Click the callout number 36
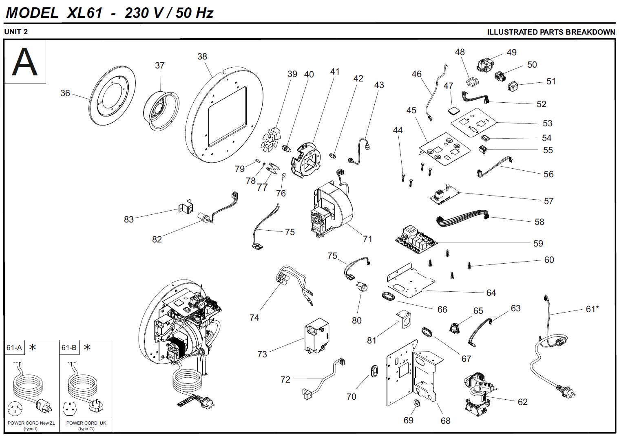65,93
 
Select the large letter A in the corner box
25,62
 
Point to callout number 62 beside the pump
522,402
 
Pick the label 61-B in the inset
69,348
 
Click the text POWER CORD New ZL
31,423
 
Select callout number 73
262,354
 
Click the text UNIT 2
16,32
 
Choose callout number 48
460,52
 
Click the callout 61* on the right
592,309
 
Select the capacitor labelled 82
203,218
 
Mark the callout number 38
202,57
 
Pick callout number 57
548,201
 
